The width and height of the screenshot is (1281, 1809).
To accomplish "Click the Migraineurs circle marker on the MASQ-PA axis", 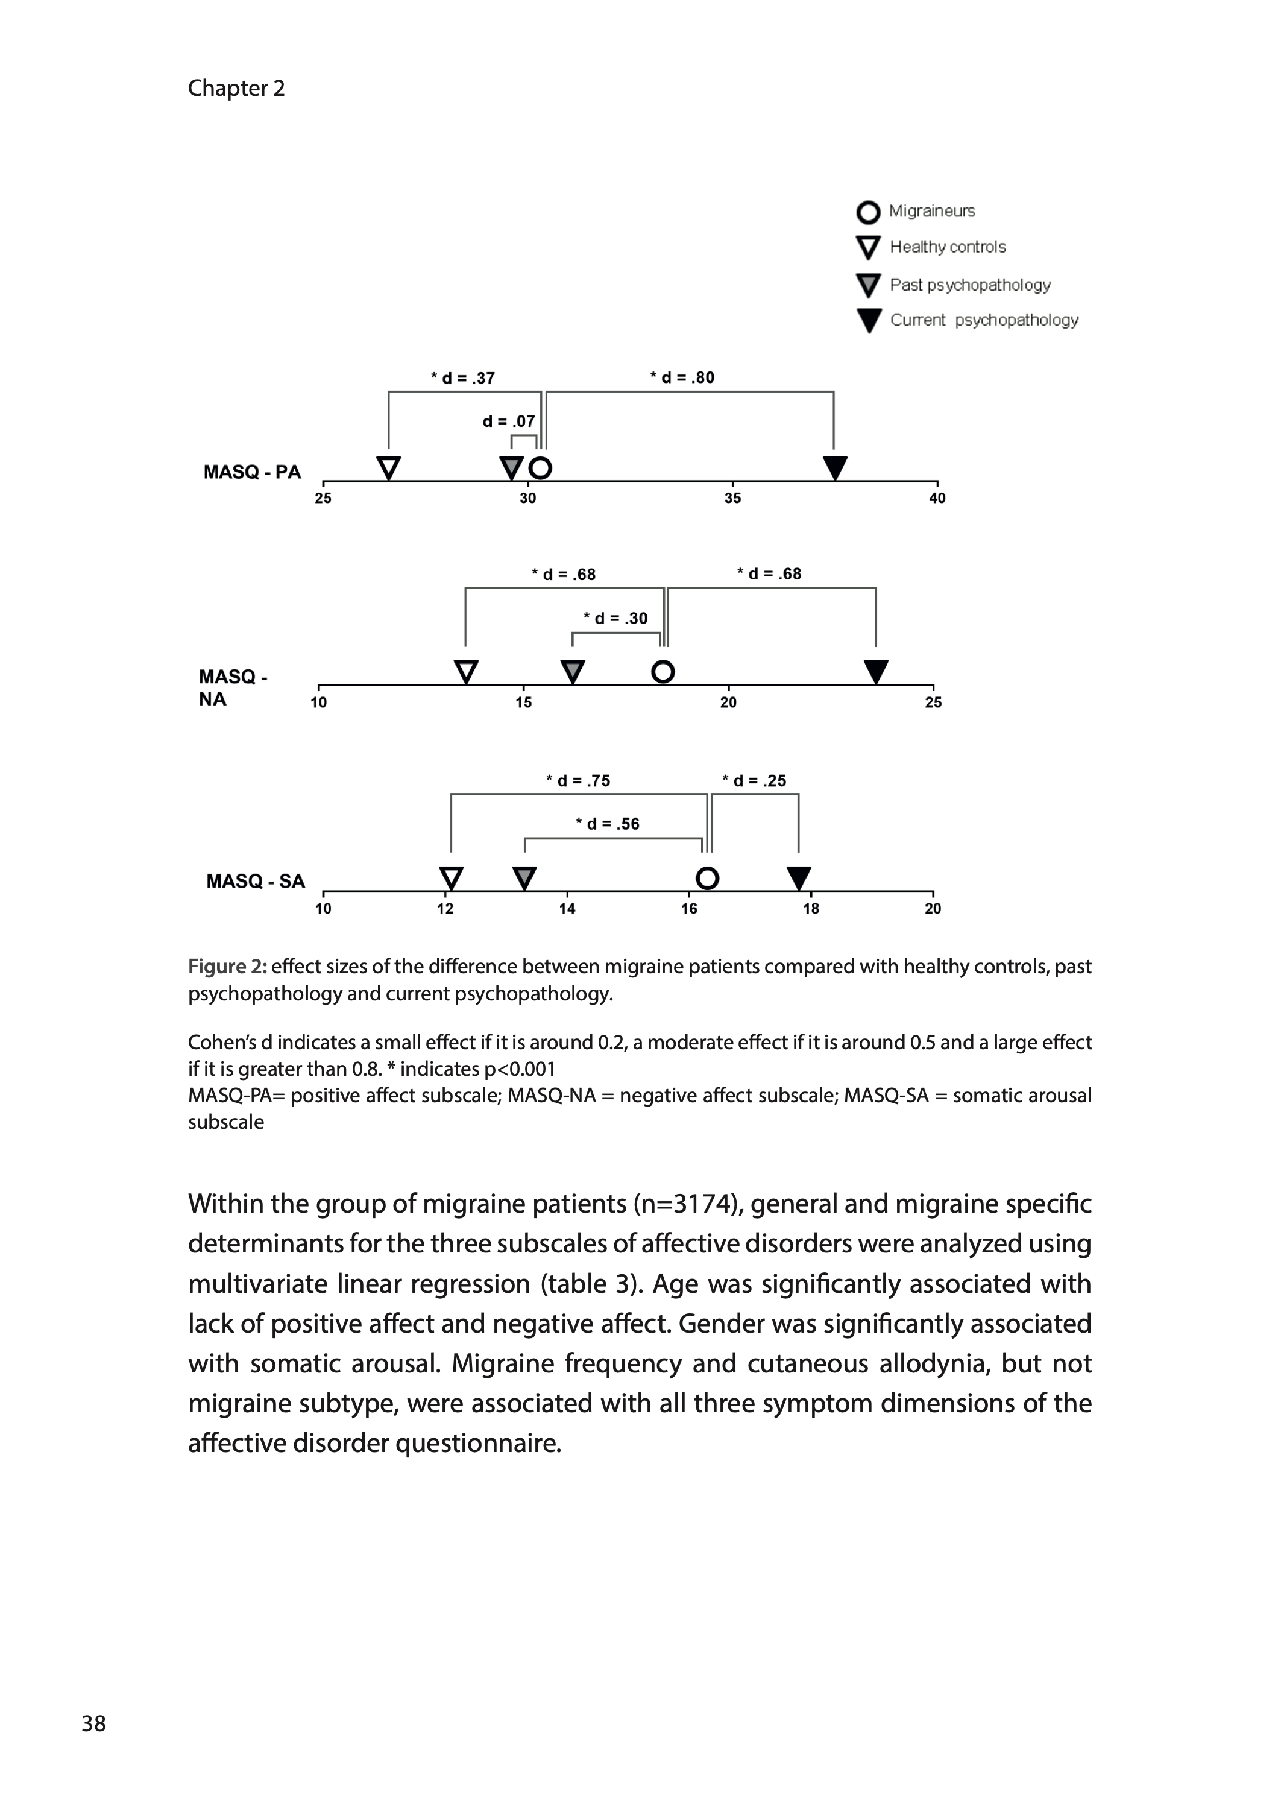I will [x=540, y=468].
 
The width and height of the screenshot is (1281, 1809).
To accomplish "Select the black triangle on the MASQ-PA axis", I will [x=834, y=467].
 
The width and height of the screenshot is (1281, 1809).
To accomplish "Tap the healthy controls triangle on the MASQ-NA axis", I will [x=466, y=672].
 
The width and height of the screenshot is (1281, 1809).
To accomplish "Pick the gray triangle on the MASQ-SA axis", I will [x=524, y=877].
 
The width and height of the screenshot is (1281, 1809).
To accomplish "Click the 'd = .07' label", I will [x=509, y=421].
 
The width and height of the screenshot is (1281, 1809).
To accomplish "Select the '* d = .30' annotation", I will [x=615, y=619].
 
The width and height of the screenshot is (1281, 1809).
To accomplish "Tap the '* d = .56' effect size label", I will [x=608, y=824].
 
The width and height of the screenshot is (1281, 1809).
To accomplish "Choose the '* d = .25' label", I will [x=754, y=781].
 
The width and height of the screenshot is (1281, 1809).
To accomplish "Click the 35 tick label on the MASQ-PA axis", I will [x=733, y=499].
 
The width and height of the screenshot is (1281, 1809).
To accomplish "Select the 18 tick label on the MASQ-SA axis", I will [x=811, y=909].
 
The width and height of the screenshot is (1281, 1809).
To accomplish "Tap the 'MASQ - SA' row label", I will [x=256, y=881].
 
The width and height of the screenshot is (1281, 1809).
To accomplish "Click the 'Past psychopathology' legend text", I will [x=970, y=285].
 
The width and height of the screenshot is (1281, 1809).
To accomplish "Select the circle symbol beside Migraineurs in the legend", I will [x=867, y=212].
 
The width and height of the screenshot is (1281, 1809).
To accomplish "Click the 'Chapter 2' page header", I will [x=236, y=89].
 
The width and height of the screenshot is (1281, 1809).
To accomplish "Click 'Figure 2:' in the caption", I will [x=227, y=967].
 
